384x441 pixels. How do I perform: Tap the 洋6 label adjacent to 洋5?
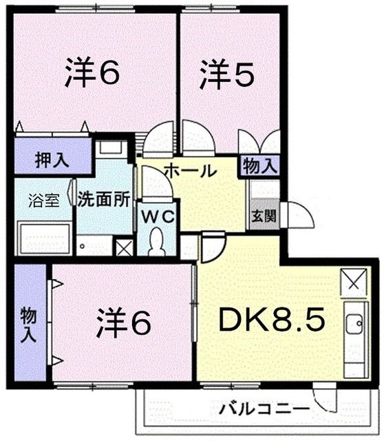click(x=93, y=74)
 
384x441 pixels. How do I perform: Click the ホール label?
click(x=191, y=172)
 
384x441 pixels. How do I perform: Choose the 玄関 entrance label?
click(x=263, y=216)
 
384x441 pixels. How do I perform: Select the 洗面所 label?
click(x=103, y=200)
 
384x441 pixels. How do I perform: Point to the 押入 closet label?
click(x=52, y=161)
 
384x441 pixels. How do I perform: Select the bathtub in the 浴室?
click(x=43, y=238)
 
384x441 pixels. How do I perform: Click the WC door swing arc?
click(x=153, y=185)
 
